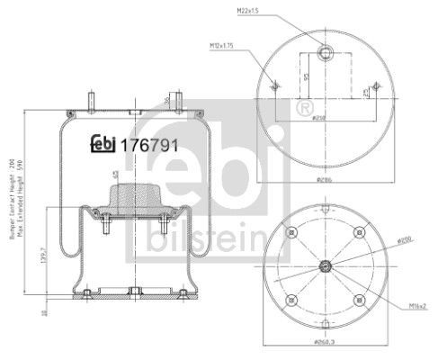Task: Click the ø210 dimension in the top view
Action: pos(318,117)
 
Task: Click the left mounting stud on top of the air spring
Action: pos(93,99)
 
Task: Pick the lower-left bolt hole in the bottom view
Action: pos(291,300)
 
